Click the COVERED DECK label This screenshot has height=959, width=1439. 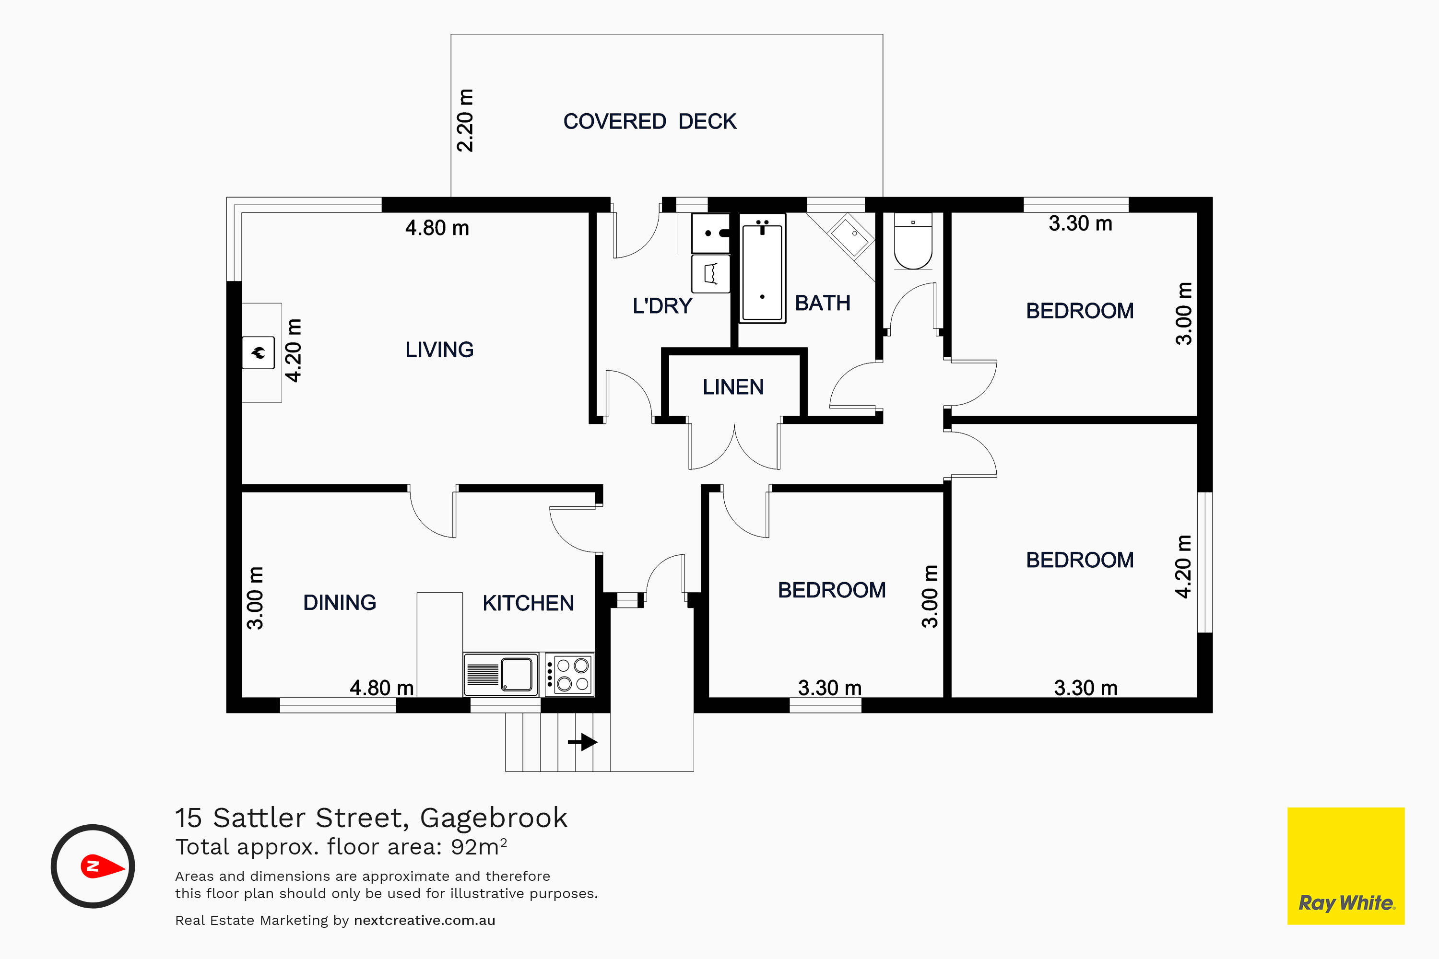(650, 121)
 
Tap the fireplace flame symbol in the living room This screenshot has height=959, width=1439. (258, 352)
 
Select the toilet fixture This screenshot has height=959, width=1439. (913, 241)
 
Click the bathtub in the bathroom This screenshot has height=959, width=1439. (762, 269)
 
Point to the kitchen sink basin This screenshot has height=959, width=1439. (517, 674)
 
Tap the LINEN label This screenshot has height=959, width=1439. (733, 387)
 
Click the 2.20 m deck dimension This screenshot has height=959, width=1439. (465, 120)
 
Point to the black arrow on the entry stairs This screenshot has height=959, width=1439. (582, 742)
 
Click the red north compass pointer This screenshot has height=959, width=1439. (102, 866)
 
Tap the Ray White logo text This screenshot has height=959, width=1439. (1346, 903)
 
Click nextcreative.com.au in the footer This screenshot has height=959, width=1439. (425, 921)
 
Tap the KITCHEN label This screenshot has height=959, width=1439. (528, 603)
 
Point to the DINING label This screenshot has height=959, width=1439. (340, 602)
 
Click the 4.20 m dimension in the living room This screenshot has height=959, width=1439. (294, 351)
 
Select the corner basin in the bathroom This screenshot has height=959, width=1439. (850, 235)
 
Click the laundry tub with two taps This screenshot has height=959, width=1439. (711, 233)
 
